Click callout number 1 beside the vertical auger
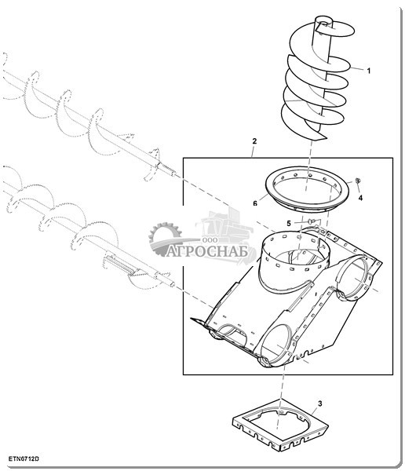click(x=369, y=71)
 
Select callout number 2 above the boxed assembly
click(x=254, y=141)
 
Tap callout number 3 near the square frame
click(x=320, y=403)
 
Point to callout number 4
click(x=360, y=198)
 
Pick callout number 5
click(x=289, y=224)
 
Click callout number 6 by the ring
click(x=255, y=203)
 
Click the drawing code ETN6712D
click(x=24, y=459)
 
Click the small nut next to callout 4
click(x=358, y=181)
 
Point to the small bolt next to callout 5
click(x=311, y=221)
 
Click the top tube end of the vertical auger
click(x=324, y=20)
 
